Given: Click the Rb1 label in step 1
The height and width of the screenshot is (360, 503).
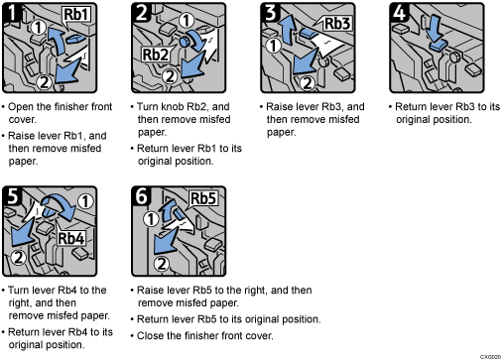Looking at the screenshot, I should (76, 17).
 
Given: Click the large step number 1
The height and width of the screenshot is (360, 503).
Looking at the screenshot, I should (11, 13).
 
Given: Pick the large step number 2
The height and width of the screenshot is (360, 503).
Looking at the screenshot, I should (141, 13).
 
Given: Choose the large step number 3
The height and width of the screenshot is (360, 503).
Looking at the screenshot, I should (270, 13).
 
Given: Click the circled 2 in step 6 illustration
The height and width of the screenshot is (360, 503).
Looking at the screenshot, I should (160, 264).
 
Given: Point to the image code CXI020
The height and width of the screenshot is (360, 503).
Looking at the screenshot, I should (488, 354).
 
